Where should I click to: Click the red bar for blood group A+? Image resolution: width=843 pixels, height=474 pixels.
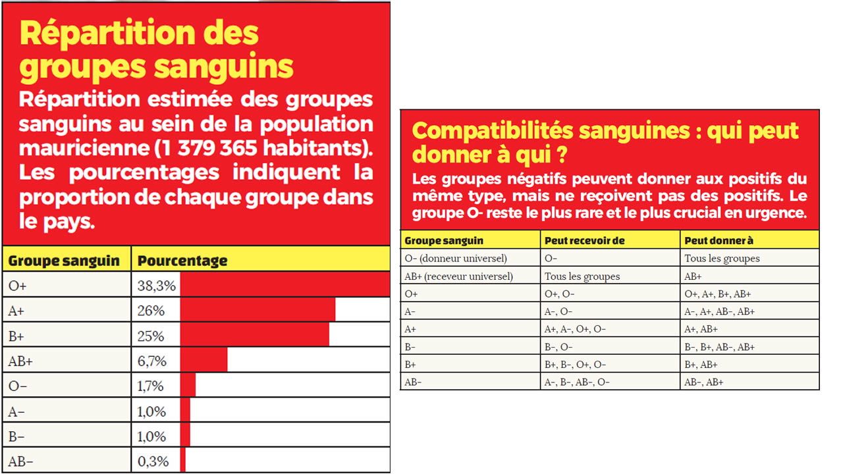pyautogui.click(x=258, y=309)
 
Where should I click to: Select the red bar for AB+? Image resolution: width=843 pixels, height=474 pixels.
pyautogui.click(x=204, y=360)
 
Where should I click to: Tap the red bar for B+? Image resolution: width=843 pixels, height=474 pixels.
pyautogui.click(x=254, y=334)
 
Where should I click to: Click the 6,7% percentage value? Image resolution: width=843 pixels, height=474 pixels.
pyautogui.click(x=151, y=361)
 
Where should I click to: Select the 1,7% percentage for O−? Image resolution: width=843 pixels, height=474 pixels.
pyautogui.click(x=151, y=386)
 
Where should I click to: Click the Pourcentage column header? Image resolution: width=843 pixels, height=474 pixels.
pyautogui.click(x=182, y=261)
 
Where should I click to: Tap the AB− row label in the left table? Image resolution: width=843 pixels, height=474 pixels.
pyautogui.click(x=20, y=461)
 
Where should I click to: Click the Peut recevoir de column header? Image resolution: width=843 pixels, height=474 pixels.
pyautogui.click(x=584, y=241)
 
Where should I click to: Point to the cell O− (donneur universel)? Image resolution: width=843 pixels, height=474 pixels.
pyautogui.click(x=456, y=258)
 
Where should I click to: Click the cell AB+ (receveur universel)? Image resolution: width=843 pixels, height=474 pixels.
pyautogui.click(x=458, y=276)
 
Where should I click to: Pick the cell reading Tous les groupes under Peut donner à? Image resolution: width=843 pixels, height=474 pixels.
pyautogui.click(x=722, y=258)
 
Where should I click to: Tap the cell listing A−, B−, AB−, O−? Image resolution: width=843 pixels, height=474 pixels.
pyautogui.click(x=577, y=382)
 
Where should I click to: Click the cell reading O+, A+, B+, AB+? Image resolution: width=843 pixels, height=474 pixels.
pyautogui.click(x=718, y=294)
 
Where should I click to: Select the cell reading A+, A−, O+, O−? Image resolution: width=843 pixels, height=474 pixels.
pyautogui.click(x=575, y=329)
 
